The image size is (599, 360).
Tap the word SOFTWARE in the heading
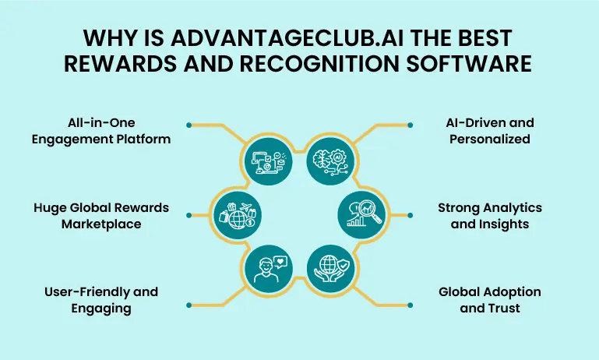coord(469,63)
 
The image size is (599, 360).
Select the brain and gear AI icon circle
coord(330,161)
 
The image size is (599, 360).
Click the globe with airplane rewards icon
coord(238,216)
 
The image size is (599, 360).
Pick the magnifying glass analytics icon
coord(361,216)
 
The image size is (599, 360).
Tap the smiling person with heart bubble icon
coord(269,269)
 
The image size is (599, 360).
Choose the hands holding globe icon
coord(330,269)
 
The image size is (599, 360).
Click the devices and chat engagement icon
coord(269,161)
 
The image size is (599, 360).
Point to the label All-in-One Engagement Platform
coord(101,131)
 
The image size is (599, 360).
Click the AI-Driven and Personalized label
coord(490,131)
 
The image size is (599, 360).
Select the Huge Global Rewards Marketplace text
coord(101,216)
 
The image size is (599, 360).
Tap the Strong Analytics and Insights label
coord(490,216)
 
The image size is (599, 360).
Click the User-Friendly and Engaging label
coord(101,300)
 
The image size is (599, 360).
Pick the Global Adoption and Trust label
coord(490,300)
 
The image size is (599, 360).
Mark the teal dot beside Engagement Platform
coord(189,125)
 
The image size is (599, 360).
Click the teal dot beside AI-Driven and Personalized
coord(410,125)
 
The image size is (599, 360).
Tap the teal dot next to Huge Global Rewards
coord(189,215)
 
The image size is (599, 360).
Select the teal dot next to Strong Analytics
coord(410,215)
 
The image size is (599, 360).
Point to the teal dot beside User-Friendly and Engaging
coord(189,305)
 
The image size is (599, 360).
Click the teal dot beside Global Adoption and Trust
coord(410,305)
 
